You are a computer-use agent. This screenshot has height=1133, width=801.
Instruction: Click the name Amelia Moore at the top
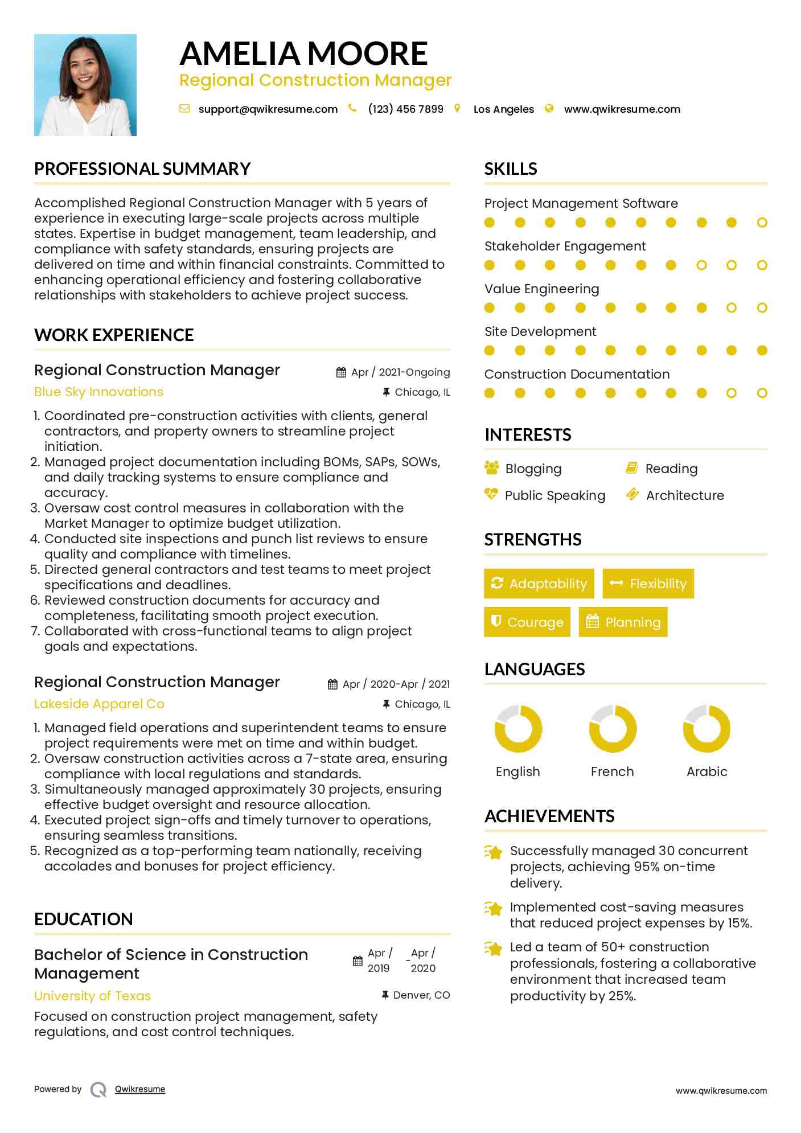[303, 54]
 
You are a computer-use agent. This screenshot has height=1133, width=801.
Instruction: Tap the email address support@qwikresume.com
[268, 109]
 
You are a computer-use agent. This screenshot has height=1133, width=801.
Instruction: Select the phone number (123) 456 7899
[405, 109]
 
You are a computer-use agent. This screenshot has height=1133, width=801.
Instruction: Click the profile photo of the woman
[85, 85]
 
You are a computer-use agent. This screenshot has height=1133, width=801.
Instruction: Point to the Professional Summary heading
[142, 169]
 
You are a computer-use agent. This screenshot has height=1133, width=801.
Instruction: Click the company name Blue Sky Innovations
[98, 392]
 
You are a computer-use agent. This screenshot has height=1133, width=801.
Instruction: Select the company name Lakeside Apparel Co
[99, 704]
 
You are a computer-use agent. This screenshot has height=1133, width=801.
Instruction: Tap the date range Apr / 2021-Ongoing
[400, 372]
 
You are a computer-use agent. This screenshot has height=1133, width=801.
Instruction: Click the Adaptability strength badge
[539, 584]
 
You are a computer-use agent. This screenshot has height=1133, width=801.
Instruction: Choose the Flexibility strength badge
[648, 584]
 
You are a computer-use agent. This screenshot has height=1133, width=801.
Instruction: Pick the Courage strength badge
[527, 622]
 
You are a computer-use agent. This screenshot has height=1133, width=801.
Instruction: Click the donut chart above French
[613, 729]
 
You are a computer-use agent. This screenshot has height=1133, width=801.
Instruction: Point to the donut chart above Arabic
[706, 729]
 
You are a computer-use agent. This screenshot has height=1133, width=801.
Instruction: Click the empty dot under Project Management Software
[762, 223]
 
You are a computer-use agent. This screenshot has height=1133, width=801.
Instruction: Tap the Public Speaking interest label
[555, 496]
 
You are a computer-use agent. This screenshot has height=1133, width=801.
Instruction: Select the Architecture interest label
[685, 496]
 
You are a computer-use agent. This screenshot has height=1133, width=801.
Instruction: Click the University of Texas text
[93, 996]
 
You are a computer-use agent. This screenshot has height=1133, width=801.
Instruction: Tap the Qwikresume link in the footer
[140, 1089]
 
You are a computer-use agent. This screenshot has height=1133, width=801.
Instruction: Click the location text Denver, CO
[421, 995]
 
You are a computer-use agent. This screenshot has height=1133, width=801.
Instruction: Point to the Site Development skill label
[540, 332]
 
